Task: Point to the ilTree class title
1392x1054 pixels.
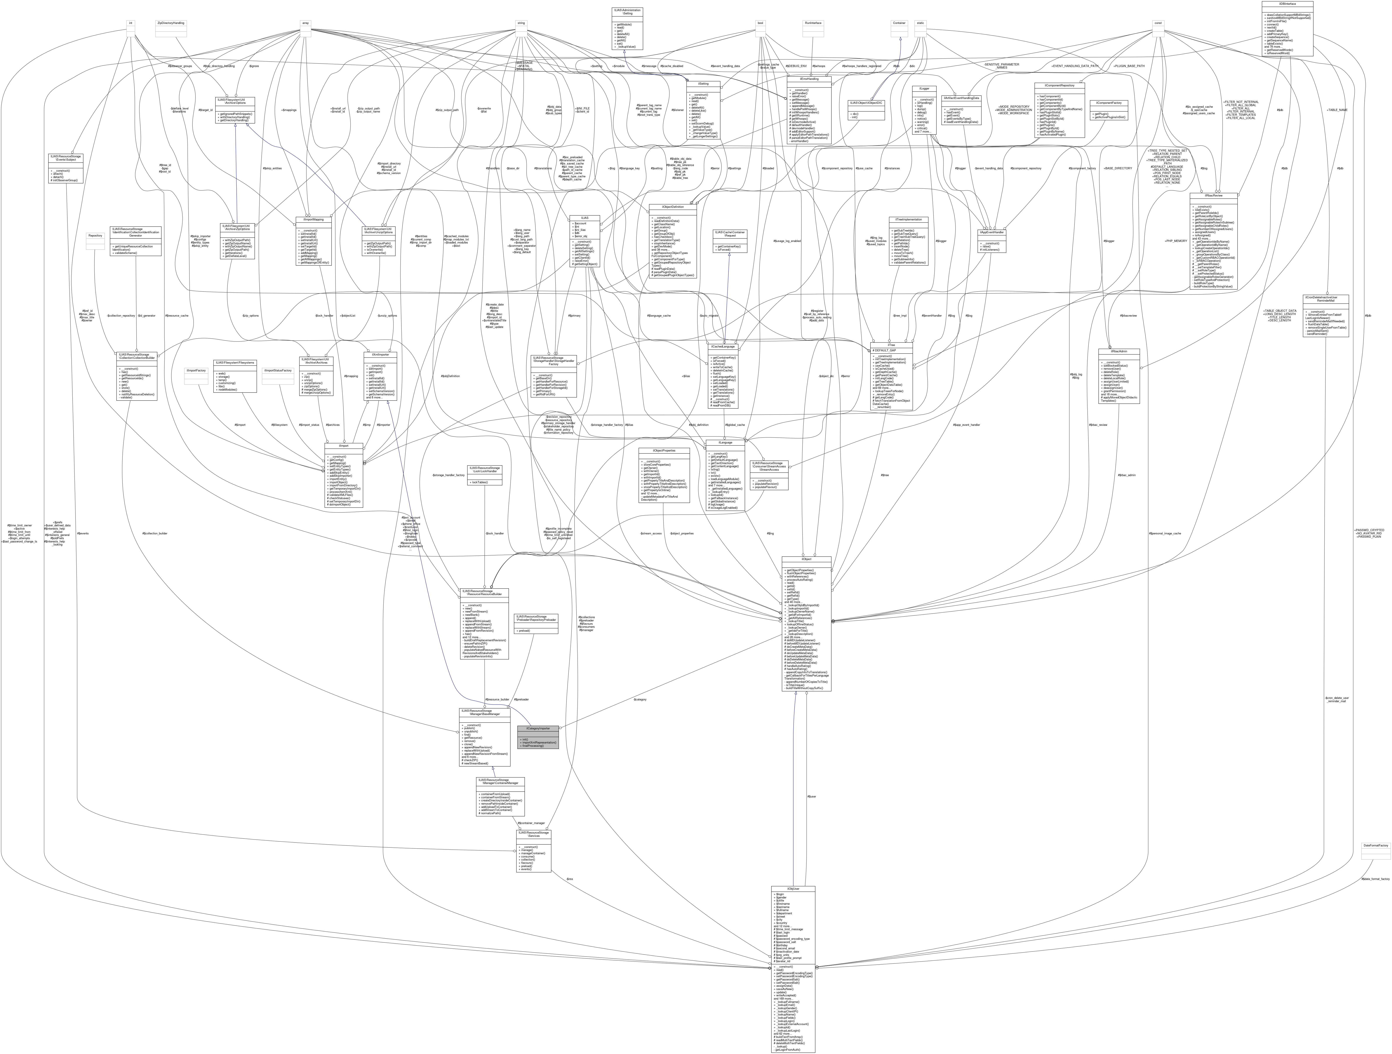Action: pyautogui.click(x=891, y=345)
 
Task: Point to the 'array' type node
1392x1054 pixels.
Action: pyautogui.click(x=305, y=23)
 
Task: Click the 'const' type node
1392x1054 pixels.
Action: pyautogui.click(x=1158, y=23)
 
